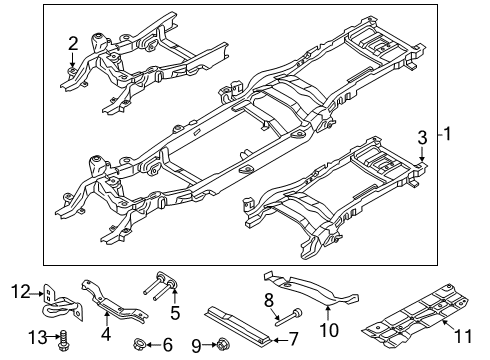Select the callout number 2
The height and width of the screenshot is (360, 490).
[72, 42]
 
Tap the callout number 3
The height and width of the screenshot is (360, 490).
[422, 137]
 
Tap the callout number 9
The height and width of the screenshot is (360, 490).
[197, 346]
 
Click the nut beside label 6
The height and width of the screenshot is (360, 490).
[139, 345]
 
